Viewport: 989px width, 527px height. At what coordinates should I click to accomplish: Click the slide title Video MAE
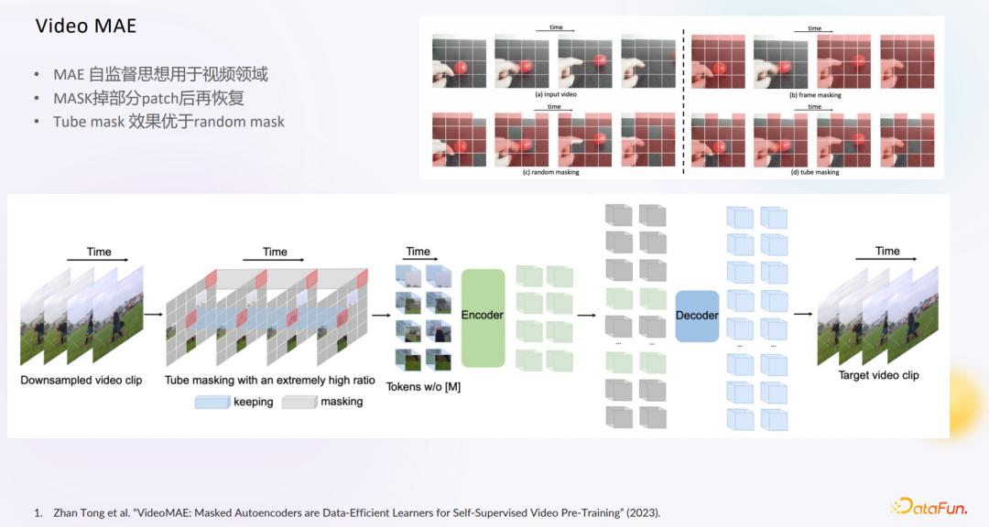click(85, 26)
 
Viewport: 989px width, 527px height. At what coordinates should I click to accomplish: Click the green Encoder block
click(483, 315)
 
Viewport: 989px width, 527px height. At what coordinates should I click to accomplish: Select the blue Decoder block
click(697, 316)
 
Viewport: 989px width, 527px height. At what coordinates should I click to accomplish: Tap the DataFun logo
click(929, 506)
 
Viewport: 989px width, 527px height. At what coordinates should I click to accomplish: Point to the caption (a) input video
click(556, 94)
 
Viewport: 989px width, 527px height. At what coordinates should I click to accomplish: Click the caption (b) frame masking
click(814, 95)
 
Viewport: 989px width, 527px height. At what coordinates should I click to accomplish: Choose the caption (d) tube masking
click(814, 172)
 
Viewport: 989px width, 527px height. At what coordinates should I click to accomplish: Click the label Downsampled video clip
click(82, 380)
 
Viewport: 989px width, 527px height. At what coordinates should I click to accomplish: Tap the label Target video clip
click(879, 375)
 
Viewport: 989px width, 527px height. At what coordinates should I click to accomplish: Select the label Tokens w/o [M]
click(423, 387)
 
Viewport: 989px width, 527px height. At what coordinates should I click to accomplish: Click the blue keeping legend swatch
click(212, 402)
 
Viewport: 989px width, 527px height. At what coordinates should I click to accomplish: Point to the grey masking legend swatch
click(298, 402)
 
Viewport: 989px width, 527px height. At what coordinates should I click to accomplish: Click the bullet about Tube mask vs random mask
click(168, 121)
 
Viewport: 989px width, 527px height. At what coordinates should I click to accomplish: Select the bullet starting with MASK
click(148, 98)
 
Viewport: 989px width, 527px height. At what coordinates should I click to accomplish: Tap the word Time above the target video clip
click(887, 251)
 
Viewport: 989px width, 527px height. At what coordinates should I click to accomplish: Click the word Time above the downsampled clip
click(99, 252)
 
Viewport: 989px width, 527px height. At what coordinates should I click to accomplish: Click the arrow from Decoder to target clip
click(803, 314)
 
